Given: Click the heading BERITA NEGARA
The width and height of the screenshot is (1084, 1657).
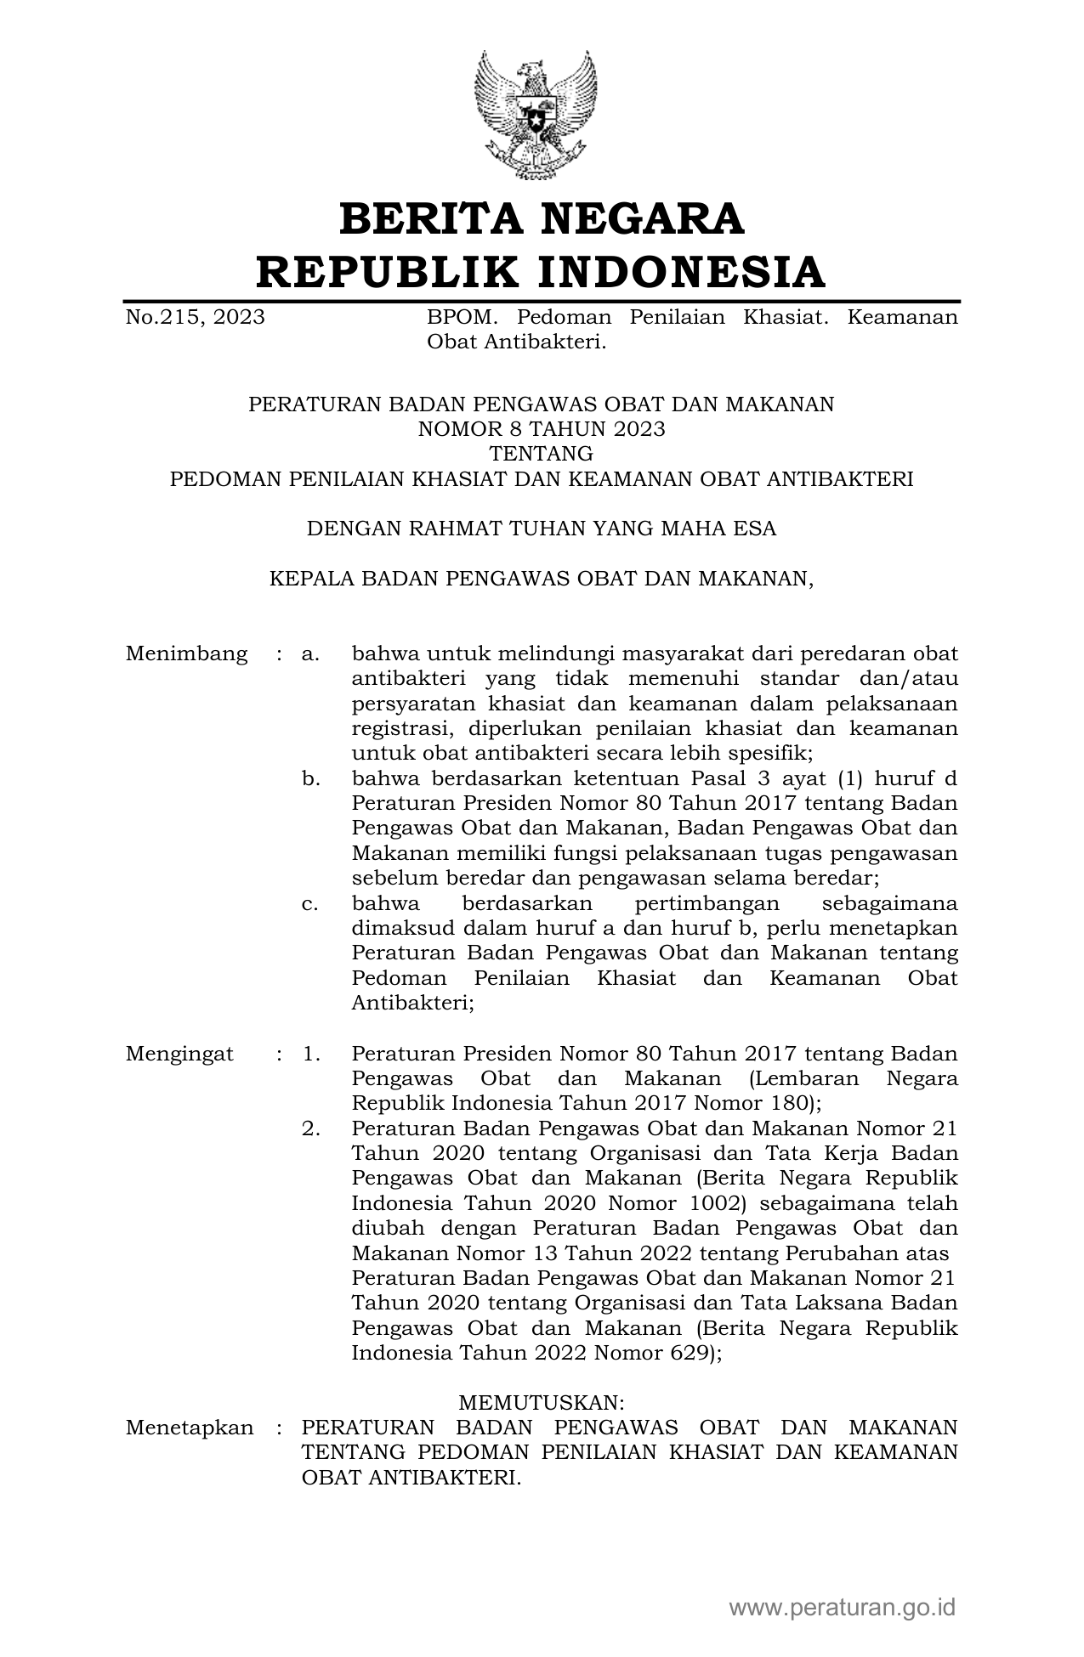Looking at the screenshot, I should point(541,218).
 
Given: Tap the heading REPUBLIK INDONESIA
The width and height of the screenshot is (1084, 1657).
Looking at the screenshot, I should point(541,272).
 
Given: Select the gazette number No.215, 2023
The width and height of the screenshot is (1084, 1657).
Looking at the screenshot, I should point(195,318).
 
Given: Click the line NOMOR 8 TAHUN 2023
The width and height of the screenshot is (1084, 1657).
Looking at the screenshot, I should point(541,429).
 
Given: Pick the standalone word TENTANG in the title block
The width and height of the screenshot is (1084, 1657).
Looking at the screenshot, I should point(541,454).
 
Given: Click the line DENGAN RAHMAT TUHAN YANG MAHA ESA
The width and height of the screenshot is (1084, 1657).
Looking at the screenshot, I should point(541,529).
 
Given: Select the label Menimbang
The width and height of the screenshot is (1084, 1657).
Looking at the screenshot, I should point(186,654).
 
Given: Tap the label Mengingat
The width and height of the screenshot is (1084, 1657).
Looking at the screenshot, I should point(179,1055).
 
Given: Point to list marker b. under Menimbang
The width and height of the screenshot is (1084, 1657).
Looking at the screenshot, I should point(311,779).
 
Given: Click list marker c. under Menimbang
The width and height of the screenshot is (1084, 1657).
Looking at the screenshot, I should point(310,904).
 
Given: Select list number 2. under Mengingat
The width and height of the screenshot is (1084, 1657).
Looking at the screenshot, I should point(311,1129).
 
